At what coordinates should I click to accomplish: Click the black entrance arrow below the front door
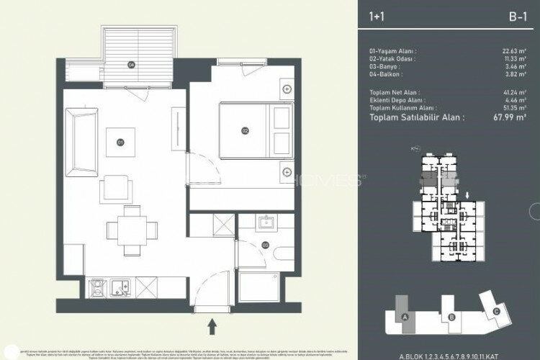[212, 328]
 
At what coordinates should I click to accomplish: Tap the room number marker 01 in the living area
[120, 142]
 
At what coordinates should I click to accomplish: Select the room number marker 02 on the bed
[245, 130]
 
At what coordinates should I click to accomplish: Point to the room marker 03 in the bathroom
[266, 246]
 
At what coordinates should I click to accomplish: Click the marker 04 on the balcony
[131, 65]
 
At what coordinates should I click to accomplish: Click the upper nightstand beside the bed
[287, 90]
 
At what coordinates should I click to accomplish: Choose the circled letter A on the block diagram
[405, 317]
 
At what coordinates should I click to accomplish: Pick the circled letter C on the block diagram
[496, 311]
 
